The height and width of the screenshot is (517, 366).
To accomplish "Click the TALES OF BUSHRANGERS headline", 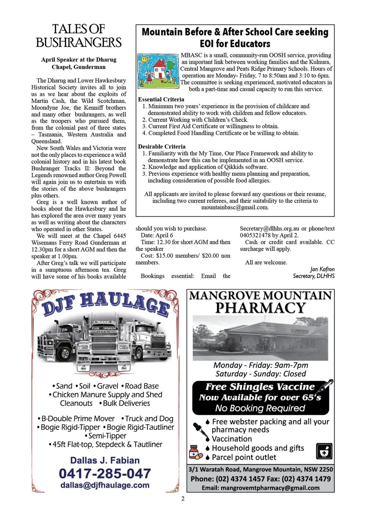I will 78,36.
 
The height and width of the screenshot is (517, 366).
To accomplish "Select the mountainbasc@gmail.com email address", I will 235,208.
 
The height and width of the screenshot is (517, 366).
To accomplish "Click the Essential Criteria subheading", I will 161,99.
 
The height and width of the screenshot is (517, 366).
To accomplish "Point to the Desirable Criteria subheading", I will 162,146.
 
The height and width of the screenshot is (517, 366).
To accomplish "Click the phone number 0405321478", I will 255,235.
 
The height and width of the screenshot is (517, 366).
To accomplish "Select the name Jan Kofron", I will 322,269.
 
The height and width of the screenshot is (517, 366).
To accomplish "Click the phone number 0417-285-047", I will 105,474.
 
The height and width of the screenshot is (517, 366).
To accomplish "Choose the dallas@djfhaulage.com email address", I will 105,485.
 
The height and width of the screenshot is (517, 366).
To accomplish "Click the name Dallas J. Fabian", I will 105,460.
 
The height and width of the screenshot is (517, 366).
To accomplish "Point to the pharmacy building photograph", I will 260,338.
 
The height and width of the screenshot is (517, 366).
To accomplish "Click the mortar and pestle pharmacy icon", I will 324,451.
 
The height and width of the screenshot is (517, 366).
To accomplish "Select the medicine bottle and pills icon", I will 195,452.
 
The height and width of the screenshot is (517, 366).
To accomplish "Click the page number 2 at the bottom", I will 183,499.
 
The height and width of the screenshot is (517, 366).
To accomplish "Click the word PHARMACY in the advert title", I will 260,308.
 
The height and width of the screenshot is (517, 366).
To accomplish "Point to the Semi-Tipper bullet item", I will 106,436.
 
